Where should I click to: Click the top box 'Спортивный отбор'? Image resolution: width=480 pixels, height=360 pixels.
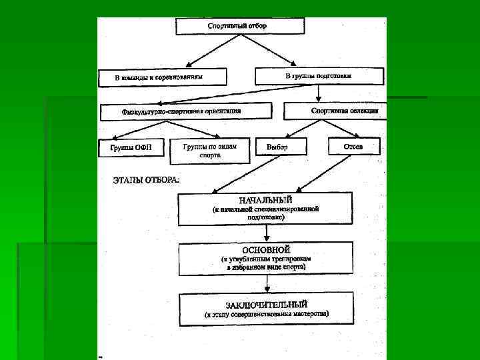240,26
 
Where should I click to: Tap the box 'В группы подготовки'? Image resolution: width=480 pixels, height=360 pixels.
319,76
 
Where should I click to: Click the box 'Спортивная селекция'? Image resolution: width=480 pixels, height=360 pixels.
335,111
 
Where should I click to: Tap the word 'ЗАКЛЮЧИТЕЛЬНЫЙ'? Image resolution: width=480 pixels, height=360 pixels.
267,304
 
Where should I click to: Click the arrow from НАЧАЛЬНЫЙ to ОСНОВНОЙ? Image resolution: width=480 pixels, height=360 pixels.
267,233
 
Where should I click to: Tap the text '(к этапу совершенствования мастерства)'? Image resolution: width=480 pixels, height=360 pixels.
267,313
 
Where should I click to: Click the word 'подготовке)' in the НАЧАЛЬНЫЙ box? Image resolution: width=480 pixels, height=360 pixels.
266,217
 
